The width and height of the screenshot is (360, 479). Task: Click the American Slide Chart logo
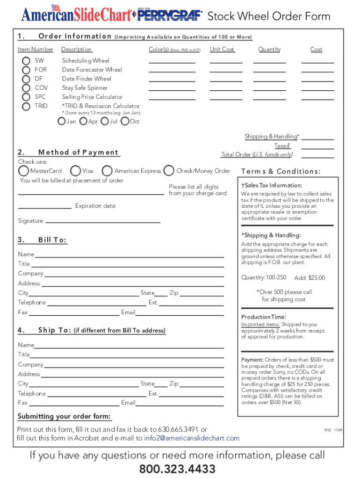click(x=76, y=15)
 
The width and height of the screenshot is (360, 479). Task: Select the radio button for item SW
click(x=26, y=61)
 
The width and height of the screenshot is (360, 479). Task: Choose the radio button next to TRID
click(x=26, y=106)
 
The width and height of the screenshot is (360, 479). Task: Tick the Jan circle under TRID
click(x=61, y=122)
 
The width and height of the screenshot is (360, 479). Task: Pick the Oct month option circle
click(x=125, y=122)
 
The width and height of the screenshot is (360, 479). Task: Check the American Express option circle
click(x=107, y=171)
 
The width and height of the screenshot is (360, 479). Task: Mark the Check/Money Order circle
click(x=169, y=171)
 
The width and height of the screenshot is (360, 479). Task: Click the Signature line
click(x=103, y=221)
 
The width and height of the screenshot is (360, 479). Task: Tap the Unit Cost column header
click(x=222, y=50)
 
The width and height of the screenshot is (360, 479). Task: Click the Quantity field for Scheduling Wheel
click(x=269, y=61)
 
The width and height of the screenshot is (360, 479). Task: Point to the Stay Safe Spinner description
click(x=85, y=88)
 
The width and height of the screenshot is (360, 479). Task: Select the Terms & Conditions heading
click(x=281, y=171)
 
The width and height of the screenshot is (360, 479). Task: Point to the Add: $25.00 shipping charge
click(x=309, y=278)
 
